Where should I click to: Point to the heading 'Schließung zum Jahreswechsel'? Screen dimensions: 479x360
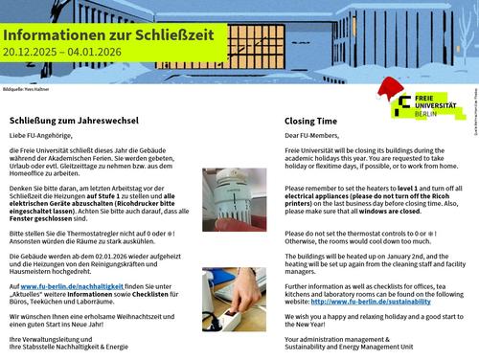74,122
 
